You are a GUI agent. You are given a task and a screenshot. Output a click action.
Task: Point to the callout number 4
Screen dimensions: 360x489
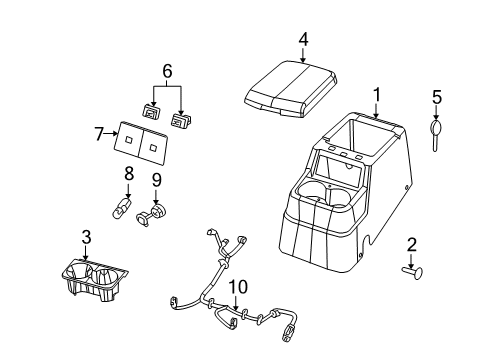[x=302, y=39]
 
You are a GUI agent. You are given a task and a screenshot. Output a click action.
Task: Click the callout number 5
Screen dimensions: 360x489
[x=436, y=97]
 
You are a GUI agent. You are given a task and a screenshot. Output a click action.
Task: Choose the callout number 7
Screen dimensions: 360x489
[x=100, y=135]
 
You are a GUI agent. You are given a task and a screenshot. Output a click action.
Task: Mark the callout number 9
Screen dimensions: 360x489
[x=157, y=181]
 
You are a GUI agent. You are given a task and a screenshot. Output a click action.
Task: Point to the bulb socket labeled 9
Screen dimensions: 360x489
[x=157, y=212]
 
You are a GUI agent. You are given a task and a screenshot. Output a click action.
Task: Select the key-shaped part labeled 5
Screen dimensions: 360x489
[x=436, y=133]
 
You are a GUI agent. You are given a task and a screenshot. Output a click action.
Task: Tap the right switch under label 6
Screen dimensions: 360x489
[x=181, y=120]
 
